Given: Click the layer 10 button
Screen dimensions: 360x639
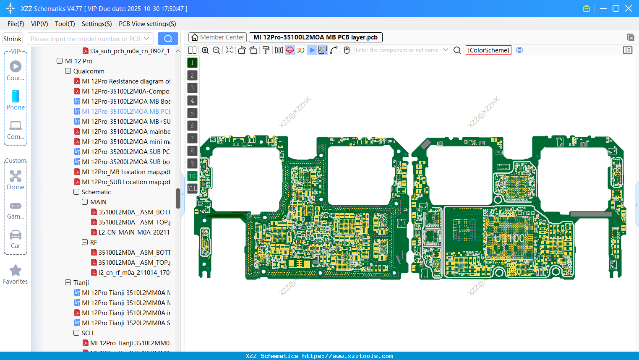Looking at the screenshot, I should [192, 176].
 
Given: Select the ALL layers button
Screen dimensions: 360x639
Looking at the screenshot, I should [192, 189].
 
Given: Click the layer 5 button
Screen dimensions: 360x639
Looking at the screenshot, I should [192, 113].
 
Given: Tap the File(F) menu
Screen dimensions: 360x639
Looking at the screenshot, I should [16, 24].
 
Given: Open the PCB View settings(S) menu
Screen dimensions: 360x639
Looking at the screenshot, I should [147, 24].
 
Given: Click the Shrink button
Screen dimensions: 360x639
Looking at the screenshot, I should [13, 39].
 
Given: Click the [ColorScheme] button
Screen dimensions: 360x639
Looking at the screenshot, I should [488, 50].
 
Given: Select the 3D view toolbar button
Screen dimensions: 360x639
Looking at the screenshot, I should [300, 50].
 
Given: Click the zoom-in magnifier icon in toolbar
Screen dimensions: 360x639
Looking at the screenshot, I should [205, 50].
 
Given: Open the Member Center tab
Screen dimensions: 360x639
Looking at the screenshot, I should [217, 37].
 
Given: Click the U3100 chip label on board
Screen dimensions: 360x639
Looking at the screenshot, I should [509, 238].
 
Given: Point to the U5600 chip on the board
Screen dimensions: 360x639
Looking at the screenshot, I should [464, 230].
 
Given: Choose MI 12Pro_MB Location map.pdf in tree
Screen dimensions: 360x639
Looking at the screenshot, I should [126, 172].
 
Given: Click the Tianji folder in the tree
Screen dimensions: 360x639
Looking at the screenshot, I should [81, 283].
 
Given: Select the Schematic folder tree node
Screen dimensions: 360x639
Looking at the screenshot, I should [96, 192].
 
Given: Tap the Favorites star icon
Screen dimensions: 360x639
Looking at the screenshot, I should [16, 271].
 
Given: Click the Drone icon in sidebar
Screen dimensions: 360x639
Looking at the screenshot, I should [16, 176].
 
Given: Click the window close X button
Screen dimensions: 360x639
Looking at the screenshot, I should [629, 8].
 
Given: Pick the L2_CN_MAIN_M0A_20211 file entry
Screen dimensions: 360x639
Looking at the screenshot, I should [134, 232].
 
